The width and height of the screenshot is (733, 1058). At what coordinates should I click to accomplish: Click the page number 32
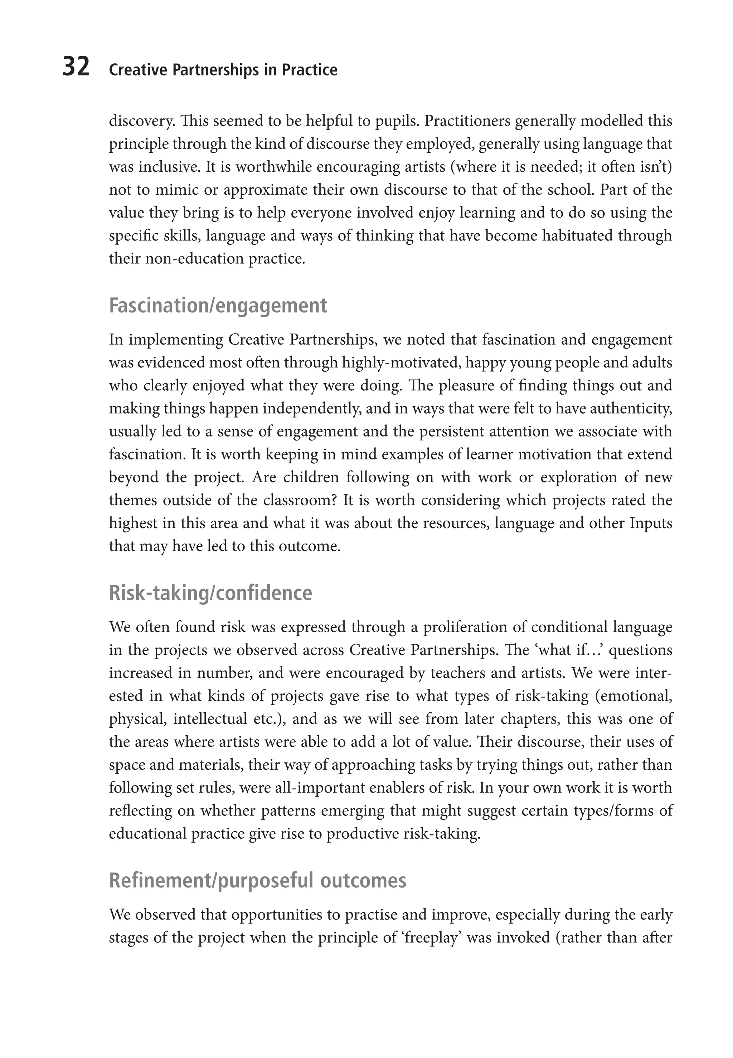click(76, 68)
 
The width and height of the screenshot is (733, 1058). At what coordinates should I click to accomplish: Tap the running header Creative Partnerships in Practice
click(223, 70)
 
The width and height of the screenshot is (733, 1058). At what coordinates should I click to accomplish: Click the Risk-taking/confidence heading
click(210, 593)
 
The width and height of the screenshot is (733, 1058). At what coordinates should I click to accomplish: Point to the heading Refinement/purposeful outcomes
click(258, 881)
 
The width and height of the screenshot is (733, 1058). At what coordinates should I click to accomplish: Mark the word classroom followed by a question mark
click(300, 500)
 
